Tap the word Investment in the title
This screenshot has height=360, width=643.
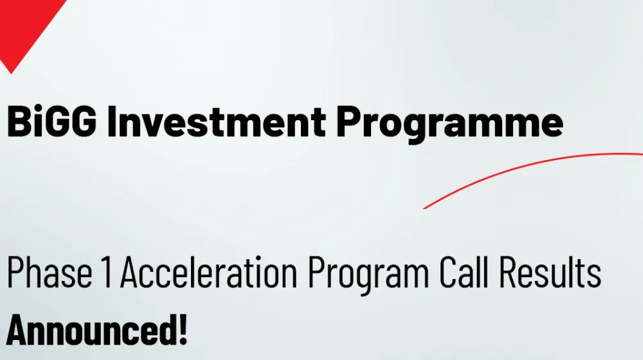(217, 122)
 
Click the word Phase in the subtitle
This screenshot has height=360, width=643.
(50, 272)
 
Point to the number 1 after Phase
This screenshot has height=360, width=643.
(106, 272)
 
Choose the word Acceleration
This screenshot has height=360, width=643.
(209, 272)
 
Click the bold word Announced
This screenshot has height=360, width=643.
(91, 330)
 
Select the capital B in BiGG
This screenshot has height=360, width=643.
(19, 122)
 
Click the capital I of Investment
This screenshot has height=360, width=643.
(111, 122)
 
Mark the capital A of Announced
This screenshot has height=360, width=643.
(18, 330)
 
